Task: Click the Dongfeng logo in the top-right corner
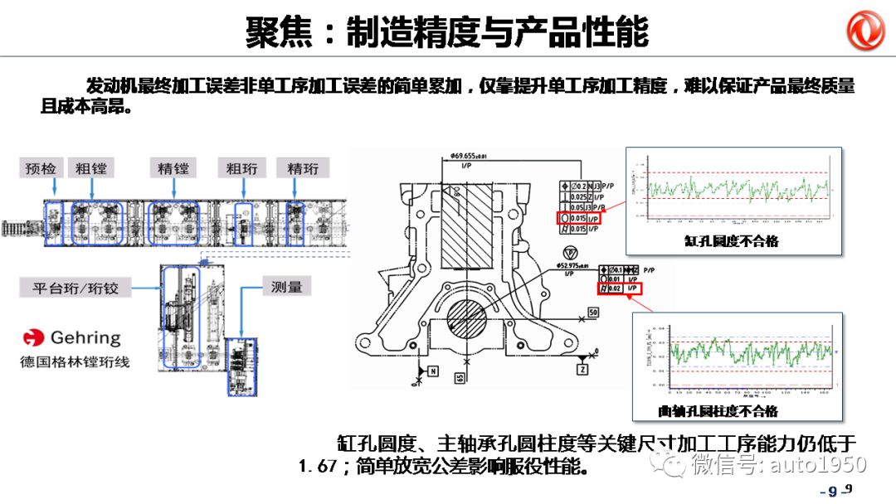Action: pyautogui.click(x=866, y=31)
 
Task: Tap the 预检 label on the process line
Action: pyautogui.click(x=41, y=169)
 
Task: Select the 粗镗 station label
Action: pyautogui.click(x=90, y=169)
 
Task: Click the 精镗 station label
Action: pyautogui.click(x=173, y=169)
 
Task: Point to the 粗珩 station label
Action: pyautogui.click(x=241, y=169)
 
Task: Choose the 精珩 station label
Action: pyautogui.click(x=303, y=169)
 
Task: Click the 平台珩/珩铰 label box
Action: pyautogui.click(x=76, y=288)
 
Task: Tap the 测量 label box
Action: pyautogui.click(x=286, y=288)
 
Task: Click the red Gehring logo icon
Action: pyautogui.click(x=33, y=338)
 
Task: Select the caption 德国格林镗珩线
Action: pyautogui.click(x=75, y=362)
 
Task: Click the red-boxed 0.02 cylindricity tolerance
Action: pyautogui.click(x=621, y=288)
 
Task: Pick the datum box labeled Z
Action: pyautogui.click(x=582, y=367)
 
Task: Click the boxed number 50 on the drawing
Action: pyautogui.click(x=592, y=313)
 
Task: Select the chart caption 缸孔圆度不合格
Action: pyautogui.click(x=731, y=241)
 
